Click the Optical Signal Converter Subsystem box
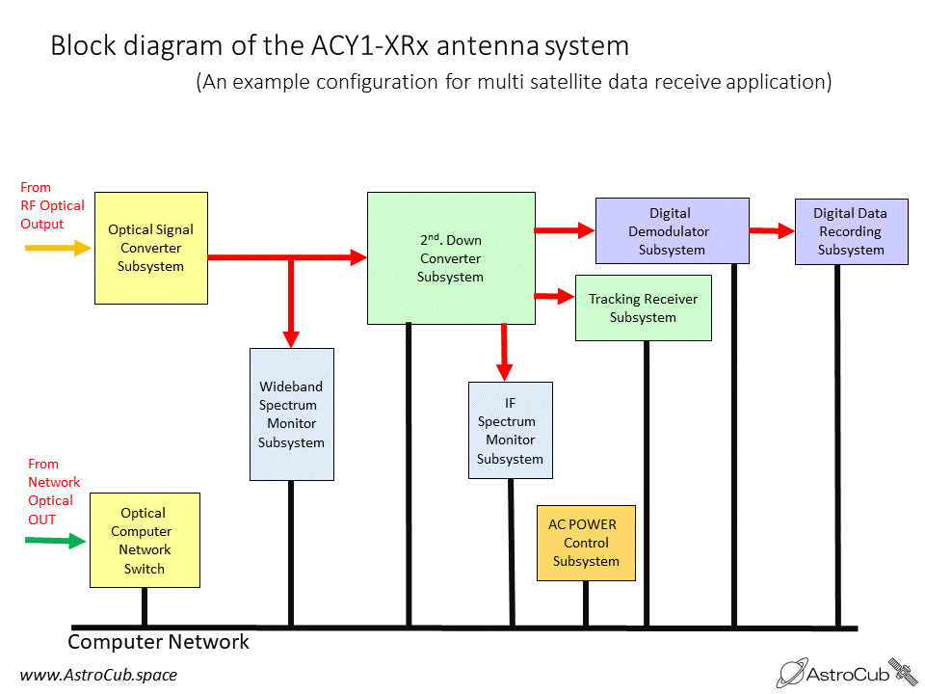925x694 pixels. (x=151, y=248)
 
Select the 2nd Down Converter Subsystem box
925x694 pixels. (x=451, y=258)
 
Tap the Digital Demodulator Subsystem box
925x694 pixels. (x=672, y=230)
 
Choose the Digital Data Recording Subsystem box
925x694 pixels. (x=851, y=231)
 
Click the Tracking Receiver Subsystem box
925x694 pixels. (x=643, y=307)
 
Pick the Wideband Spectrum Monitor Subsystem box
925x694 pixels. (x=291, y=414)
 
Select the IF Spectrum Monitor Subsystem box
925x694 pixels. (x=511, y=430)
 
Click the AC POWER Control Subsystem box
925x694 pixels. (x=586, y=543)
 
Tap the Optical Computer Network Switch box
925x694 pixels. (x=145, y=540)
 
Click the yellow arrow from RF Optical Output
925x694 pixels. (x=58, y=248)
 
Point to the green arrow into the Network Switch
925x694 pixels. (x=56, y=540)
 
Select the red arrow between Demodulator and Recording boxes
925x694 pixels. (x=772, y=230)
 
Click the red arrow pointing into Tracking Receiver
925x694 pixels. (x=555, y=296)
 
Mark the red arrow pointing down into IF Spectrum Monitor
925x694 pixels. (x=504, y=353)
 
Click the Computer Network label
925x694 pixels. (x=158, y=642)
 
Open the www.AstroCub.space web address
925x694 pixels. (x=98, y=675)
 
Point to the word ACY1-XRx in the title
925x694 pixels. (x=370, y=45)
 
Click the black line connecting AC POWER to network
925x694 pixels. (x=586, y=603)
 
